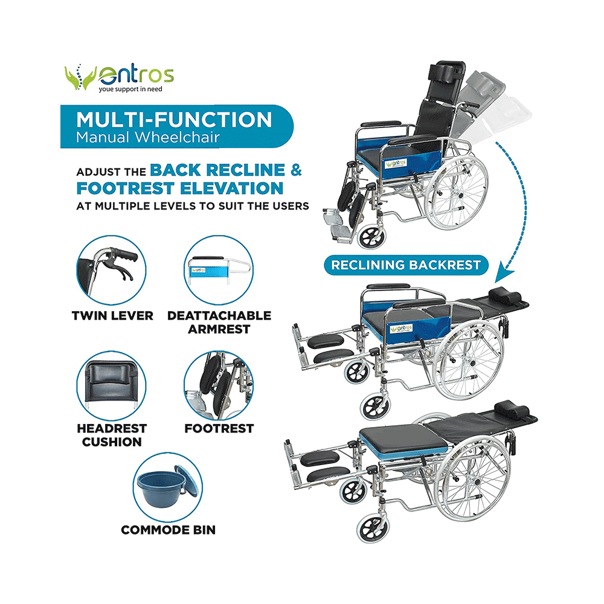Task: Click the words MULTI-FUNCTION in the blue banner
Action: click(x=175, y=120)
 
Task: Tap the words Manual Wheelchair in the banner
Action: click(x=147, y=137)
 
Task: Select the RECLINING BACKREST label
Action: click(x=405, y=265)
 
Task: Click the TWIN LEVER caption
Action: click(x=112, y=315)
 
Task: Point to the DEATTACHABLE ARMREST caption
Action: click(x=219, y=322)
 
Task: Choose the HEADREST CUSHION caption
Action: click(x=112, y=435)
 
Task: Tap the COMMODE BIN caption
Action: click(x=168, y=530)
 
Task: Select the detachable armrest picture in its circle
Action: click(x=219, y=270)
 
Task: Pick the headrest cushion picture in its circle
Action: click(x=112, y=384)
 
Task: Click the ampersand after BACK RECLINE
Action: click(x=296, y=170)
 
